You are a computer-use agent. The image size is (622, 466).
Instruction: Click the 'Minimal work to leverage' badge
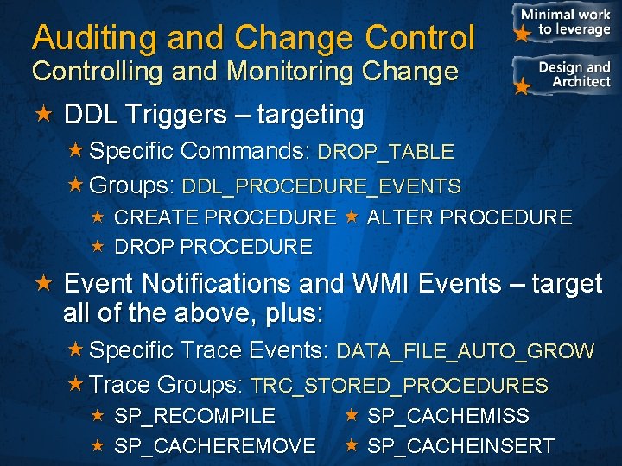(x=566, y=22)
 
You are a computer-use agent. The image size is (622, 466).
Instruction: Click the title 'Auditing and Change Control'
(x=253, y=37)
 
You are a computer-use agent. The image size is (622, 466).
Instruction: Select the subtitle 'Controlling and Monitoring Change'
(x=244, y=72)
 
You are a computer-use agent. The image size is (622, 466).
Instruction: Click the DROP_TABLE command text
(x=385, y=152)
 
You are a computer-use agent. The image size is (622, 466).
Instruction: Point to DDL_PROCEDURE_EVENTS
(x=321, y=186)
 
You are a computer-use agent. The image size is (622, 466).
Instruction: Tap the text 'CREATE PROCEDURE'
(x=225, y=217)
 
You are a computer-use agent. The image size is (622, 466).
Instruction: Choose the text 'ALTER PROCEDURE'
(x=469, y=217)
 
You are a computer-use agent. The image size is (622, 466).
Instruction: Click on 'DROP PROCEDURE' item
(x=213, y=247)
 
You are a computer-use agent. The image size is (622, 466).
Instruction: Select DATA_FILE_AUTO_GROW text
(x=465, y=351)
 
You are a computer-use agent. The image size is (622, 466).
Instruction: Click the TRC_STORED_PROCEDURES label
(x=399, y=386)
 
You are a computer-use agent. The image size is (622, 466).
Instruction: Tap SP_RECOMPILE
(x=194, y=416)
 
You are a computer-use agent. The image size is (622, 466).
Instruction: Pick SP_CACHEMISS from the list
(x=448, y=416)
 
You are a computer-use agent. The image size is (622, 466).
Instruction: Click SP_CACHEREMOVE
(x=214, y=445)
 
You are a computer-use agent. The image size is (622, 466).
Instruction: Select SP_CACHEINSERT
(x=460, y=445)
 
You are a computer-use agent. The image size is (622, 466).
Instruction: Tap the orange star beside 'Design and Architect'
(x=521, y=87)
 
